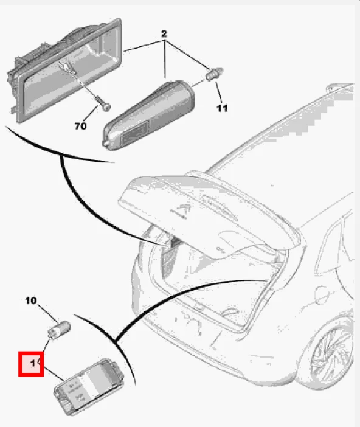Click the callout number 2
pos(164,34)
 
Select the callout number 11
pos(222,108)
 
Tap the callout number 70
pos(80,126)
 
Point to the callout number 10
pos(31,300)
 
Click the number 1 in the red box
pos(33,363)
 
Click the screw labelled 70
pos(103,104)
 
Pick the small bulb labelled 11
pos(214,74)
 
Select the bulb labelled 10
pos(59,330)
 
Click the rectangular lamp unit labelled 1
pos(89,386)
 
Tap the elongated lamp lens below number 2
pos(148,115)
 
